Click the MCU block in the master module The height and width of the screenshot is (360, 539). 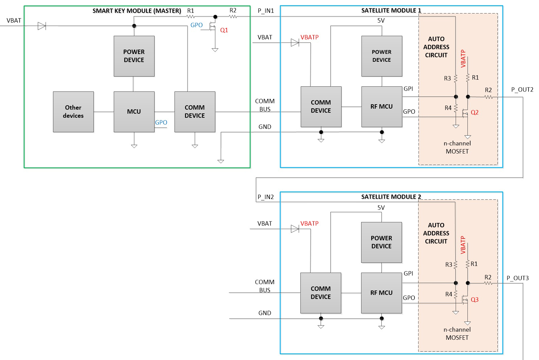pos(134,112)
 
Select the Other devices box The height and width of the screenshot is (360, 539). pos(73,112)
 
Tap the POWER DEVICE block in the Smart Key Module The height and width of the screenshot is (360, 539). pos(134,56)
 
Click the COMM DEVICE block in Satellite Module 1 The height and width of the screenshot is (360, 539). pos(321,107)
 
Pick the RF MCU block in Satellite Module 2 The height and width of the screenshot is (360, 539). pos(381,293)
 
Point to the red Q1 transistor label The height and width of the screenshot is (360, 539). pos(224,30)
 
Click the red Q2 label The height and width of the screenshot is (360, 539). pos(475,112)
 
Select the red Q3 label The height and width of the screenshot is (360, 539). pos(475,300)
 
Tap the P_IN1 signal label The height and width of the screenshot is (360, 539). pos(266,11)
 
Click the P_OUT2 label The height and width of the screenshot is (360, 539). pos(522,90)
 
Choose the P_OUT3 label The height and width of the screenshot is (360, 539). pos(517,278)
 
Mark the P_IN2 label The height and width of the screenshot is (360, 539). pos(266,197)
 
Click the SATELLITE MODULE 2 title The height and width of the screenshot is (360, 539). pos(391,197)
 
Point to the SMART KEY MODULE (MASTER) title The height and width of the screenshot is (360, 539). pos(137,11)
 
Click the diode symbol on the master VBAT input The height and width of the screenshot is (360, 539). pos(42,26)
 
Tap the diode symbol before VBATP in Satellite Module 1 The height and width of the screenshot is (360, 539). pos(295,43)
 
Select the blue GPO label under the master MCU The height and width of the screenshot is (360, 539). pos(161,122)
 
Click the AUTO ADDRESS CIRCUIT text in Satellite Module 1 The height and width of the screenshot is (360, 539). pos(436,47)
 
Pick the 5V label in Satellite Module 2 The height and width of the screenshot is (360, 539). pos(381,208)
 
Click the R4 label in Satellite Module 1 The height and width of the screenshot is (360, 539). pos(448,108)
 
